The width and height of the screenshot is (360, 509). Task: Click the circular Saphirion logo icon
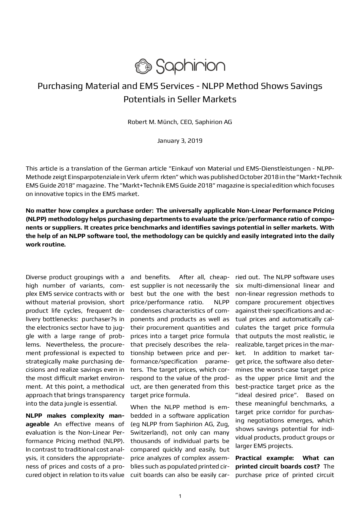[143, 66]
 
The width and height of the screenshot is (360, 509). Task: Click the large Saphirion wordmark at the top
[190, 66]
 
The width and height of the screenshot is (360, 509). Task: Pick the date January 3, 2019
[180, 141]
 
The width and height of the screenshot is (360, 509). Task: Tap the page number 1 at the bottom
[180, 496]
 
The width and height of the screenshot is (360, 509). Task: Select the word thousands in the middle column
[145, 441]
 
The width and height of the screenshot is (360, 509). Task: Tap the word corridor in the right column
[280, 412]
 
